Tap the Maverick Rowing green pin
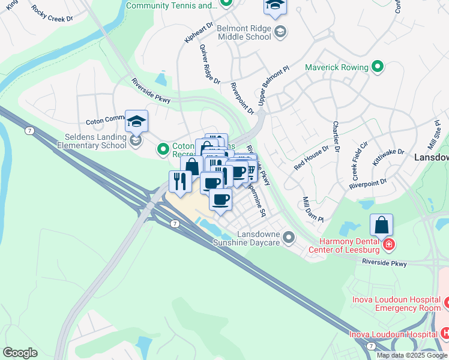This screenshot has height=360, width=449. coord(378,67)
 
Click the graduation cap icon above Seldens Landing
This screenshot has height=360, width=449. coord(136,121)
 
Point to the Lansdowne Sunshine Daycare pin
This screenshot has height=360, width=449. coord(289,238)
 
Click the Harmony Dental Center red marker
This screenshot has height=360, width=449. coord(388,245)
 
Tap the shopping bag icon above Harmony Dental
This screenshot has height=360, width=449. coord(381,226)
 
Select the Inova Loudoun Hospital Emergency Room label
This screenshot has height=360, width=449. coord(392,304)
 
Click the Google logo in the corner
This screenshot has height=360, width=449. coord(20,353)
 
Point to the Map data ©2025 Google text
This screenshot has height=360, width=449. coord(411,355)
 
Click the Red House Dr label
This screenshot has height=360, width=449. coord(312,157)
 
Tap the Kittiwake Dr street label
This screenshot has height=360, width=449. coord(388,158)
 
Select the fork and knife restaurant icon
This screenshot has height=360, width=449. coord(180,181)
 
